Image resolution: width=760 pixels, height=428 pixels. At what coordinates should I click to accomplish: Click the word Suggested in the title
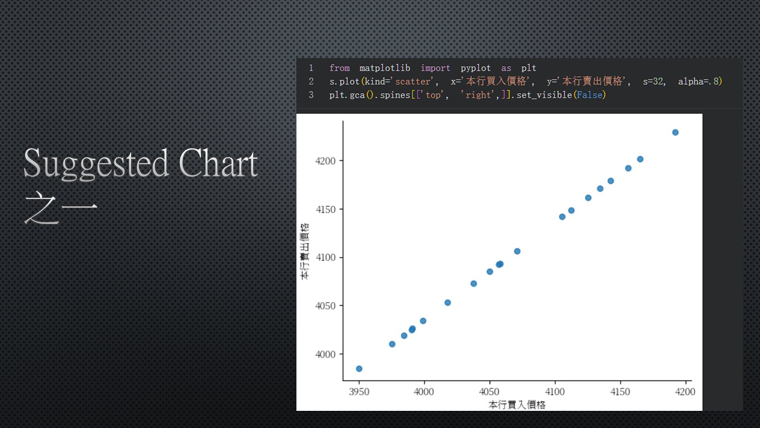[96, 165]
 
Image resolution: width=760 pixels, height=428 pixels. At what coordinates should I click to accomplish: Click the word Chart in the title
[218, 163]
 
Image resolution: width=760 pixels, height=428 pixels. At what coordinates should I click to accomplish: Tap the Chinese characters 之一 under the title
[61, 208]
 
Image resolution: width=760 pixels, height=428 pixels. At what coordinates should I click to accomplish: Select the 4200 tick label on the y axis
[325, 161]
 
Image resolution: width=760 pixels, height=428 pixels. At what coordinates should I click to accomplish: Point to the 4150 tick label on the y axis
[325, 209]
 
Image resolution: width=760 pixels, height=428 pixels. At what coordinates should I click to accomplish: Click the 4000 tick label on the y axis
[325, 354]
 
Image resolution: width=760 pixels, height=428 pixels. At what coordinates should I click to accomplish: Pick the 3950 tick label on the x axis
[359, 392]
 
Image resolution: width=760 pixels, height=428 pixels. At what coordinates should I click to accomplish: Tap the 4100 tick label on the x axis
[555, 392]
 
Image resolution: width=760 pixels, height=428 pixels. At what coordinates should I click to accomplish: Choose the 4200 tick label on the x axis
[685, 392]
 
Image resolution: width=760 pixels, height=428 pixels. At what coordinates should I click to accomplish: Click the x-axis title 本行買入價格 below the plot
[517, 405]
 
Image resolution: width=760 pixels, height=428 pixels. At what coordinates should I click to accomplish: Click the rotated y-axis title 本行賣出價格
[304, 252]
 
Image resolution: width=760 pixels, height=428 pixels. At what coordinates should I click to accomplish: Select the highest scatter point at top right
[675, 133]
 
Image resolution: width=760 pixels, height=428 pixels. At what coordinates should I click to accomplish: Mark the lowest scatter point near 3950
[359, 369]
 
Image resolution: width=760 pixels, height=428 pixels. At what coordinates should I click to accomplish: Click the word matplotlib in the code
[385, 68]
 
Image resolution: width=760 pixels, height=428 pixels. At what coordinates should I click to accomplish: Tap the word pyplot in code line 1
[475, 68]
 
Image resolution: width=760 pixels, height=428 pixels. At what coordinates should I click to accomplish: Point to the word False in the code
[589, 95]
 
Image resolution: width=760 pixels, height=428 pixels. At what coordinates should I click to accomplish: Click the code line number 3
[311, 95]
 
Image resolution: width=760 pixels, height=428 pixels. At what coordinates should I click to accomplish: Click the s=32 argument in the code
[654, 81]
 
